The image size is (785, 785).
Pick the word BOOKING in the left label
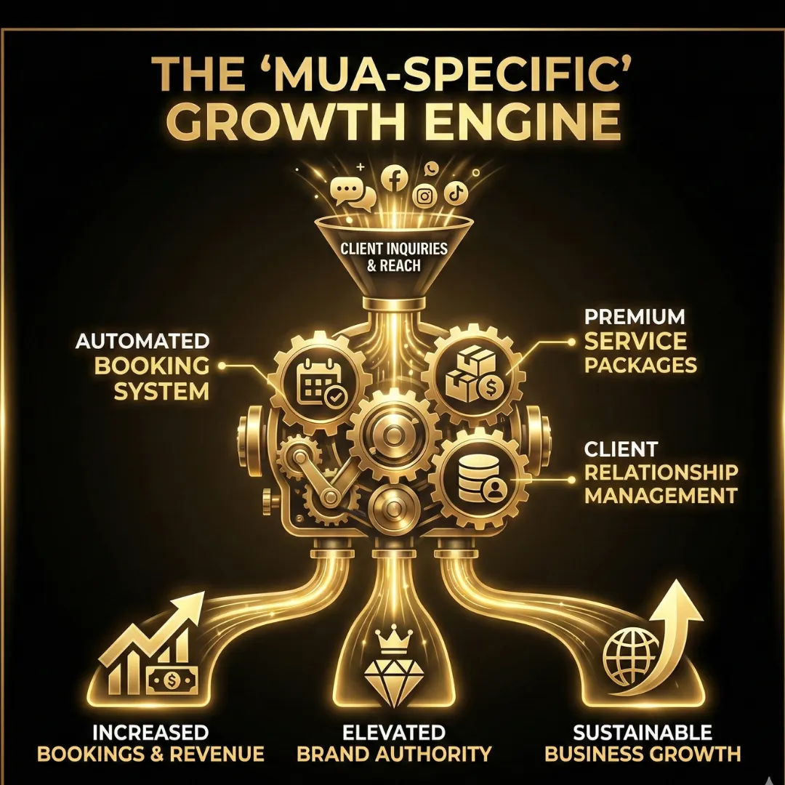click(x=151, y=366)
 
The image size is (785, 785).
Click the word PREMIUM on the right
click(x=635, y=317)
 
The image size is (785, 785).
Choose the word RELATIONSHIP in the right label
click(x=661, y=472)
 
